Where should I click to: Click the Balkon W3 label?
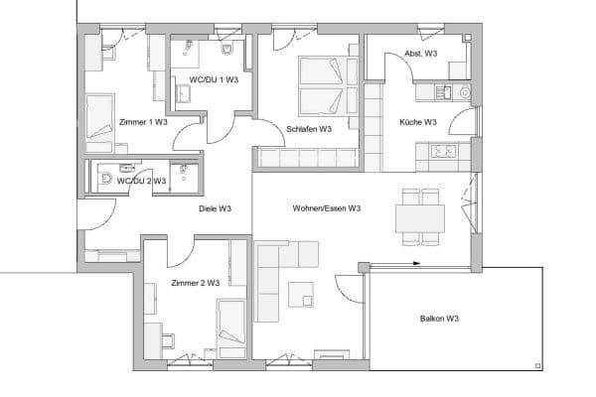click(438, 319)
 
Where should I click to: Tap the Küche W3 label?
click(417, 123)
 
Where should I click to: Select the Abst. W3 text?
click(421, 54)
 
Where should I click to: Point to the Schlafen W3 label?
click(308, 129)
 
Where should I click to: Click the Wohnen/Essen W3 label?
click(327, 209)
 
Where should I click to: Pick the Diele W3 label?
click(215, 209)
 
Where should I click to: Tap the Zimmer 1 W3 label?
click(142, 122)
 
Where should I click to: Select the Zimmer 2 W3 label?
click(196, 284)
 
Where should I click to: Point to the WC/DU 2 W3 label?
click(141, 181)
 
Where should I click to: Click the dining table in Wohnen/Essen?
click(420, 217)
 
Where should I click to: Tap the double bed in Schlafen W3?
click(327, 86)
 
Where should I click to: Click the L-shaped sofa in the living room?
click(273, 278)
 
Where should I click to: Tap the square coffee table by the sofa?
click(301, 294)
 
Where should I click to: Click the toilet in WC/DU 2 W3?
click(106, 180)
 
